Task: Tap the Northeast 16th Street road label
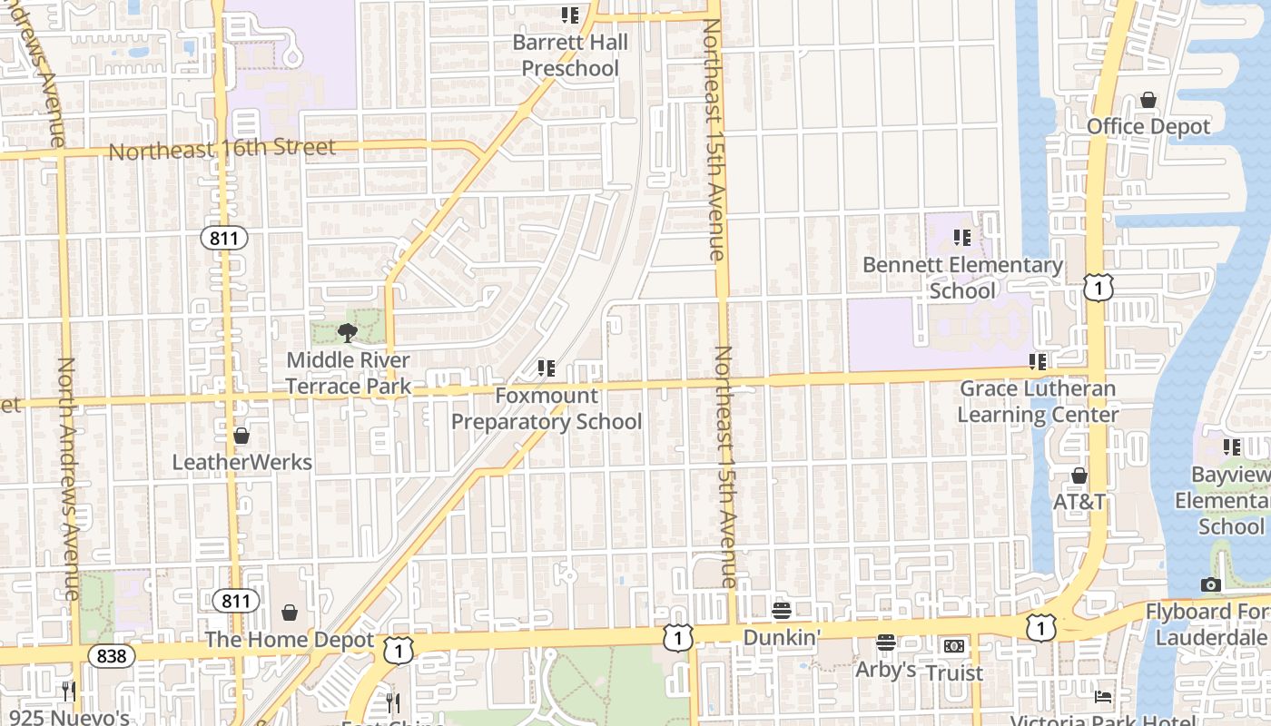222,149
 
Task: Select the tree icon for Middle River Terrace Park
347,333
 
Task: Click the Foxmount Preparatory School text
546,408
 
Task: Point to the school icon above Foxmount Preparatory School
546,368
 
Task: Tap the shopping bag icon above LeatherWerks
241,437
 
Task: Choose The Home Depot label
289,640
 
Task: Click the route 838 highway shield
112,655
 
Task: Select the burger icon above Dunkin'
782,611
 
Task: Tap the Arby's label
885,670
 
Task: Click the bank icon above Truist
954,646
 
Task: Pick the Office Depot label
1148,126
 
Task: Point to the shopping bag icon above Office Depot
1148,100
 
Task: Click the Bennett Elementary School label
962,278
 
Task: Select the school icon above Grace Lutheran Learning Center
1038,362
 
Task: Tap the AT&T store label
1079,502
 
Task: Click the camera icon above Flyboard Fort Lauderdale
1210,585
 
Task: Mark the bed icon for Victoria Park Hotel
1103,697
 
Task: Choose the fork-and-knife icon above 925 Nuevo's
69,692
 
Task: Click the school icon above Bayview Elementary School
1232,446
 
